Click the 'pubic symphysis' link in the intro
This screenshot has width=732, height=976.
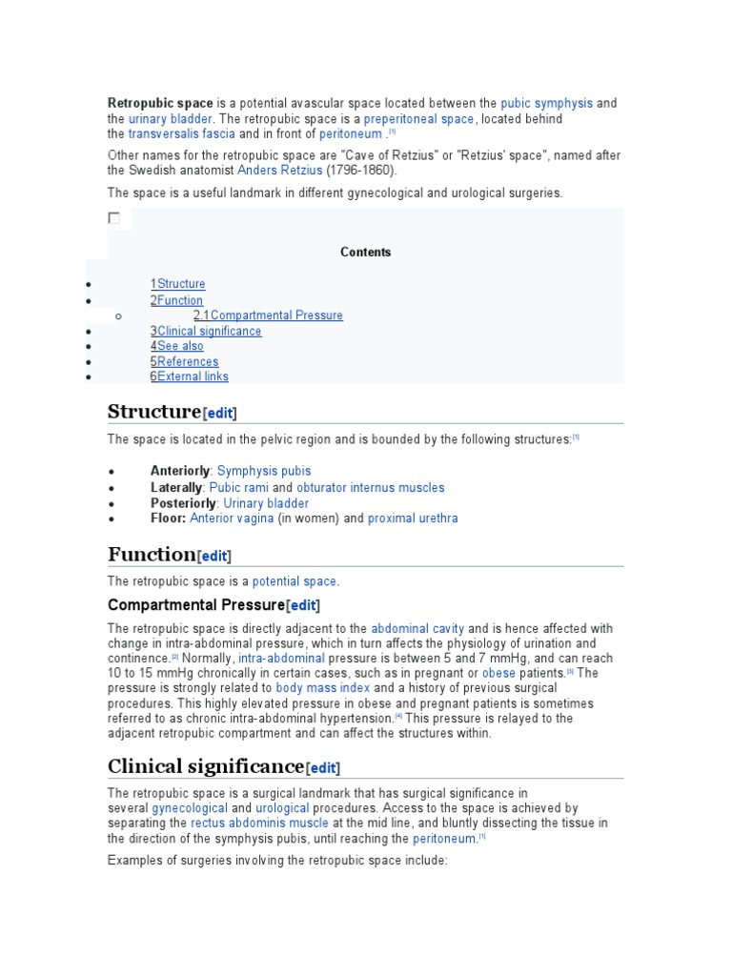[546, 103]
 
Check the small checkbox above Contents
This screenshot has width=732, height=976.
[114, 218]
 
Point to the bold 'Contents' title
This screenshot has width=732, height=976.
[365, 253]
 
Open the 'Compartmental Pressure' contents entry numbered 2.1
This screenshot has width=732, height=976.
[276, 315]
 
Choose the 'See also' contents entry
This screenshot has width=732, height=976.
[180, 346]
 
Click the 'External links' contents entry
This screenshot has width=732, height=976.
[193, 376]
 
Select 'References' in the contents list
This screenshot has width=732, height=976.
[188, 361]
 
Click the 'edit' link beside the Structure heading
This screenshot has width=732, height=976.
[220, 414]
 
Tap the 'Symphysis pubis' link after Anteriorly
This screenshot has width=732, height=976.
[264, 471]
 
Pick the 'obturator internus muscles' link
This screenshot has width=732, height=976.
[371, 487]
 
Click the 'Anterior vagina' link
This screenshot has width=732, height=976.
[232, 518]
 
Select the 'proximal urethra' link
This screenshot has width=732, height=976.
[413, 518]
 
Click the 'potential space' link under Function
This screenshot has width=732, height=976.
[294, 581]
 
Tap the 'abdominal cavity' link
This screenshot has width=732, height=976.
[417, 628]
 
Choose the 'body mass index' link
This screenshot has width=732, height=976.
[322, 687]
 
